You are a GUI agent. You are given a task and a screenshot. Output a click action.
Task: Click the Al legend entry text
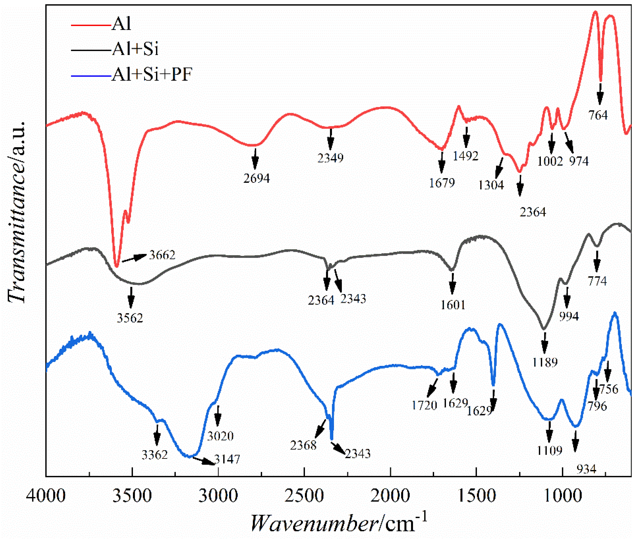click(121, 24)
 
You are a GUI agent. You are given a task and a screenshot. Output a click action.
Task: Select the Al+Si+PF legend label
click(152, 75)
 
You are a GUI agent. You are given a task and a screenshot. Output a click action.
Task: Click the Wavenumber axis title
click(338, 524)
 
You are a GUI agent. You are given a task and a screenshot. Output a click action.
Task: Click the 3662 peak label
click(162, 255)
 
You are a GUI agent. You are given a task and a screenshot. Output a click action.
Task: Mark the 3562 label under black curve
click(130, 318)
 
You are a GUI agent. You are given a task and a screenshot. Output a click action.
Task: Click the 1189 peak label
click(545, 362)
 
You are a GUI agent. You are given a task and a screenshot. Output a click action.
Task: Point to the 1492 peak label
click(465, 156)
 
